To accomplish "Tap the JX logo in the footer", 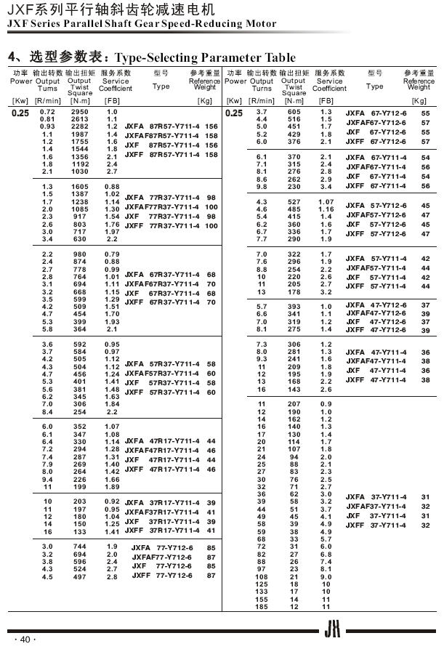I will click(x=332, y=630).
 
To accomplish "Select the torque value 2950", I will click(x=79, y=111).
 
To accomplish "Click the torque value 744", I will click(x=79, y=547).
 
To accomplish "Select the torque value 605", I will click(x=294, y=111).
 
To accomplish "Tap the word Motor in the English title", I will click(x=259, y=24).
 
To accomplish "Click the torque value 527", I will click(x=294, y=201).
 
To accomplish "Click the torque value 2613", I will click(x=79, y=119).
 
